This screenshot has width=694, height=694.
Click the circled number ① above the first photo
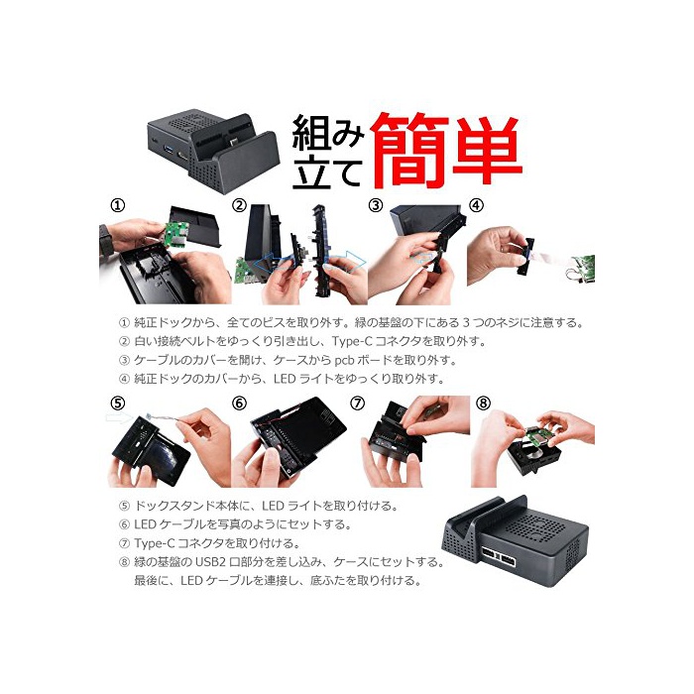[118, 206]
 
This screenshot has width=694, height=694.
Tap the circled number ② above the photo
[240, 206]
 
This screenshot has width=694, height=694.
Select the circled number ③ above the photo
[376, 206]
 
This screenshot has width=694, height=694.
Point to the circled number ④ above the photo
[477, 206]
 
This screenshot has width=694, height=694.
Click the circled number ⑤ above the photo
[118, 404]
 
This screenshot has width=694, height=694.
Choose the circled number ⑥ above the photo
[240, 404]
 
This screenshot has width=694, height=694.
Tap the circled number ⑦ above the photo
[358, 404]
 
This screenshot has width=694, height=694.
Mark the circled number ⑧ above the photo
[484, 404]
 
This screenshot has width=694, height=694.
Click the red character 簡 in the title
[409, 151]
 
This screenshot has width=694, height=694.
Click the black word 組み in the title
[328, 133]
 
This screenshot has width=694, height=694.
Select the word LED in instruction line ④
[285, 379]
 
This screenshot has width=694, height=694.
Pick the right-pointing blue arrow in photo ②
[346, 262]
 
